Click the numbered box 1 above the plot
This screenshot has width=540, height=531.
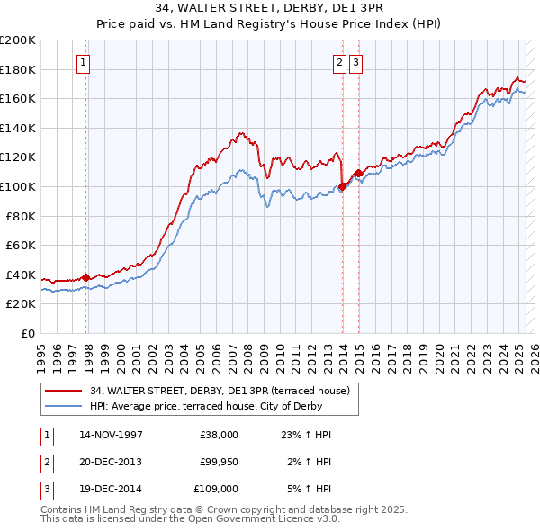pyautogui.click(x=83, y=63)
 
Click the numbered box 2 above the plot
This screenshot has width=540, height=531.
pyautogui.click(x=339, y=63)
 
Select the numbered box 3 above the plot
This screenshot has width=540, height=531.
pyautogui.click(x=355, y=63)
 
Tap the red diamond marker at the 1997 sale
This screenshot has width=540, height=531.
pyautogui.click(x=86, y=277)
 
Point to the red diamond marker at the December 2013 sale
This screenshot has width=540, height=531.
pyautogui.click(x=343, y=187)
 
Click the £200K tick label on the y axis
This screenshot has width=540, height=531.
pyautogui.click(x=18, y=40)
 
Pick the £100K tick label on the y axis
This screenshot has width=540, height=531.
pyautogui.click(x=18, y=186)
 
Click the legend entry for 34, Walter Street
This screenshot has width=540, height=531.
pyautogui.click(x=225, y=391)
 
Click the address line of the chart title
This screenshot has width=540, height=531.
pyautogui.click(x=270, y=10)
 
